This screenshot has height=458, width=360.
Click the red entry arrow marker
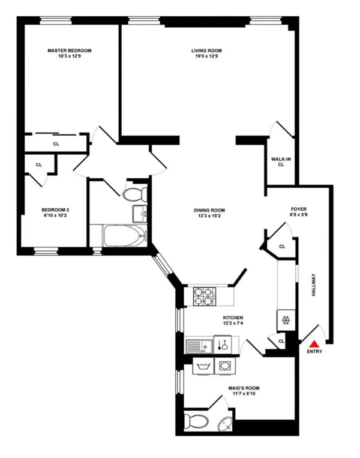click(x=314, y=343)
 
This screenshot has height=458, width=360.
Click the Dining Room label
click(x=209, y=210)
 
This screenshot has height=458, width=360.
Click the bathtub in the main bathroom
click(x=124, y=236)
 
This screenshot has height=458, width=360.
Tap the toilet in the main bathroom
click(x=134, y=193)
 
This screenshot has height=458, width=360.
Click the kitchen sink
click(x=196, y=345)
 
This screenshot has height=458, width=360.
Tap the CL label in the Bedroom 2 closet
click(x=38, y=164)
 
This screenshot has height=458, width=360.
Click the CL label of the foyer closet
click(x=282, y=246)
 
